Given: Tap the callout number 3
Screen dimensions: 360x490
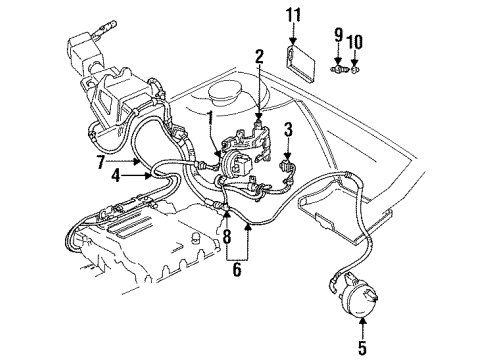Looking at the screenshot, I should (x=288, y=129).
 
